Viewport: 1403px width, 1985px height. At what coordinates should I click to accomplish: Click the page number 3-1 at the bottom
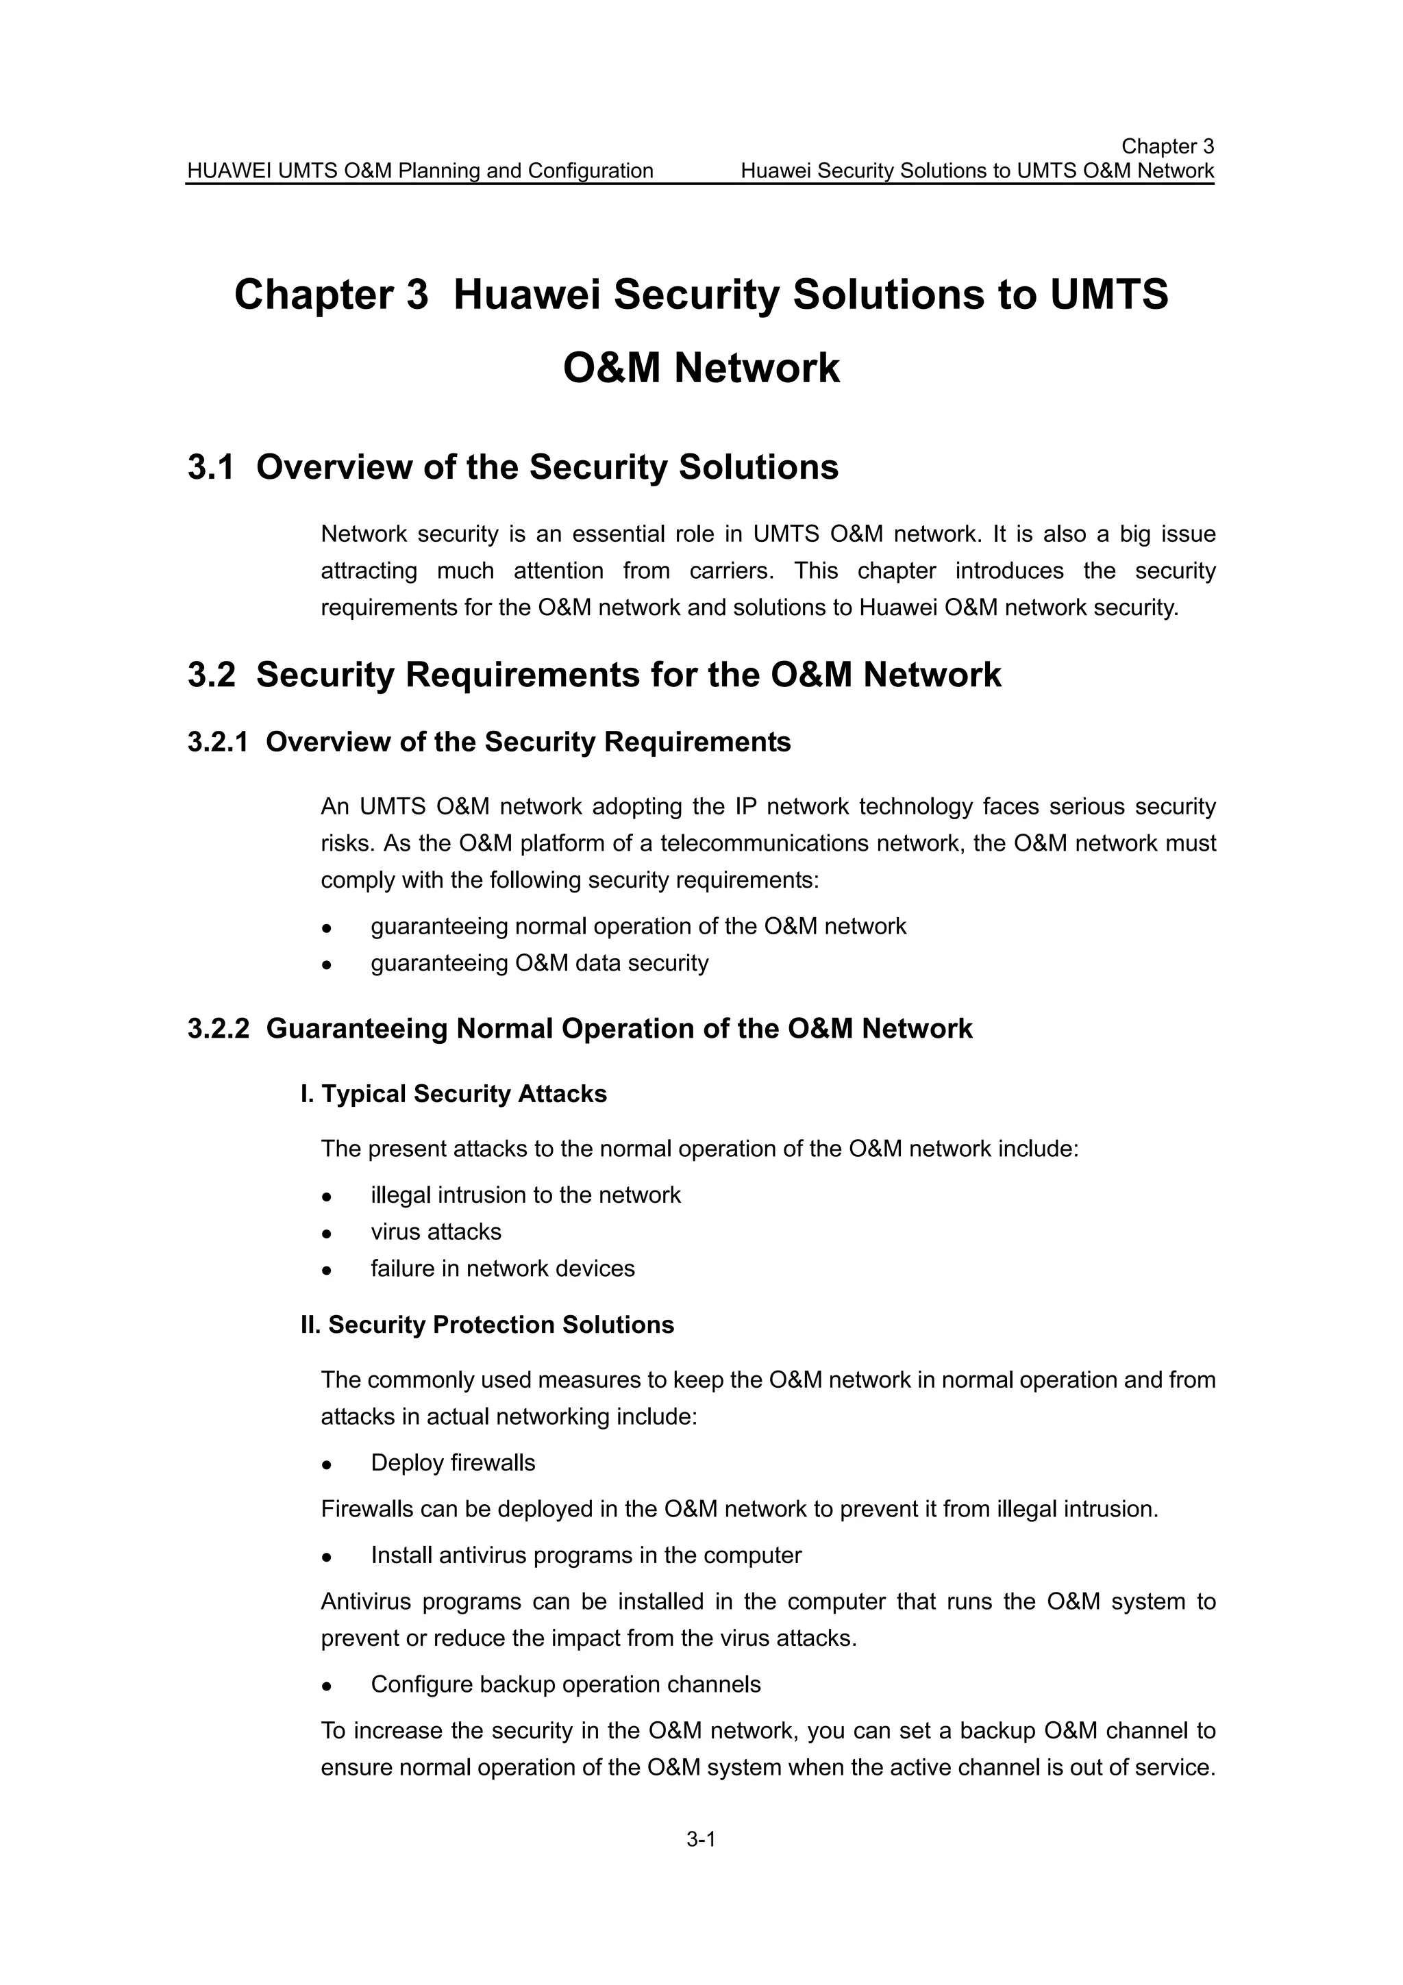tap(701, 1840)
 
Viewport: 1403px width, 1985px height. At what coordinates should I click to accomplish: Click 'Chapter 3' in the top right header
tap(1167, 146)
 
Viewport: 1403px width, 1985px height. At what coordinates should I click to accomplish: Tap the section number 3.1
tap(211, 468)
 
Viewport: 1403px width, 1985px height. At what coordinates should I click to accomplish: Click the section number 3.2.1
tap(218, 742)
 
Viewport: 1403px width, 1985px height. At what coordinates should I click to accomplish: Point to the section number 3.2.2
tap(218, 1029)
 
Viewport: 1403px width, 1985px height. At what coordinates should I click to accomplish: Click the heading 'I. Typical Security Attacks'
tap(454, 1094)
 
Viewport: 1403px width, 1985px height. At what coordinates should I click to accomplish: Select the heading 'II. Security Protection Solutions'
tap(488, 1325)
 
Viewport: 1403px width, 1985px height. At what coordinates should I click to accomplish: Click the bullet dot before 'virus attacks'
tap(327, 1234)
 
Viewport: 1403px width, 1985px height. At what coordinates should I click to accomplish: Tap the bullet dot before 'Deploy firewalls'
tap(327, 1464)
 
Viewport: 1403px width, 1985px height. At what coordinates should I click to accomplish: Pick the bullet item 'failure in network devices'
tap(502, 1269)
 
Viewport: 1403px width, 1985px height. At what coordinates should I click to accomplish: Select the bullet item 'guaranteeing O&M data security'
tap(539, 963)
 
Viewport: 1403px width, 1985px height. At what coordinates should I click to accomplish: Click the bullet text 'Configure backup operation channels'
tap(565, 1684)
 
